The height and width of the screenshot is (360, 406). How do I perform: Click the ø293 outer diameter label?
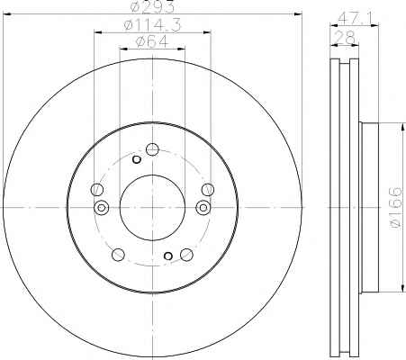pos(152,6)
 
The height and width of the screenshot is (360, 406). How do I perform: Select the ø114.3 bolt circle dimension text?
pos(152,25)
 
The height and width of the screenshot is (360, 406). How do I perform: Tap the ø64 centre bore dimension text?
pos(152,41)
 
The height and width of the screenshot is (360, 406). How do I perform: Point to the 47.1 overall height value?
pos(355,19)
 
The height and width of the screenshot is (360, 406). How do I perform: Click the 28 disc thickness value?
pos(345,38)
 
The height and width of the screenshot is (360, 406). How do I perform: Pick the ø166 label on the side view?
pos(395,207)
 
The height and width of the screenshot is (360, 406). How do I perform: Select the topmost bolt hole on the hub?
pos(152,149)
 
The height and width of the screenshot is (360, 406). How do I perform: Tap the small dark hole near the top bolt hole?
pos(137,159)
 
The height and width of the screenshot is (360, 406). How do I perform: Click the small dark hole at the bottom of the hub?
pos(168,256)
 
